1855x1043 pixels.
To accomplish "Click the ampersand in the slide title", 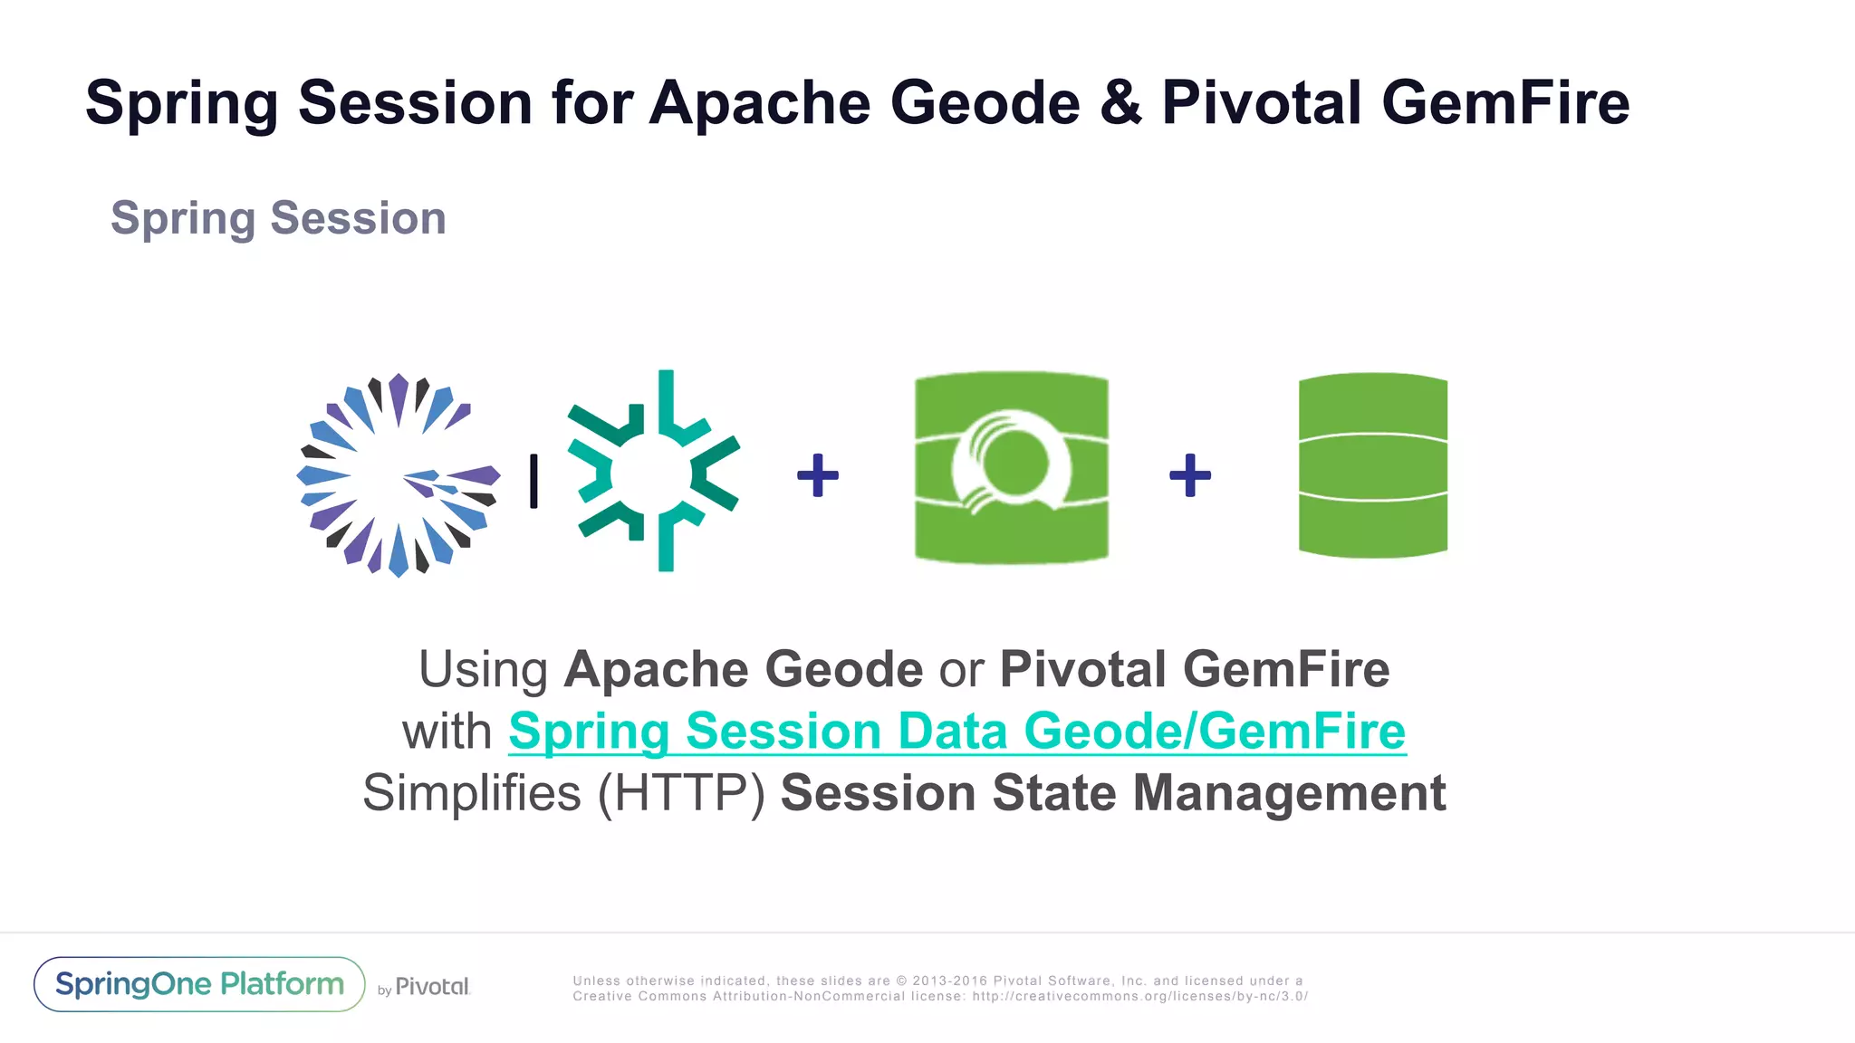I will point(1120,102).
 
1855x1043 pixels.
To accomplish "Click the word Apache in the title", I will point(759,102).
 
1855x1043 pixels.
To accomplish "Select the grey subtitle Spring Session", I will point(278,218).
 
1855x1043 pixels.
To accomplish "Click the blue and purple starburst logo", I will point(399,475).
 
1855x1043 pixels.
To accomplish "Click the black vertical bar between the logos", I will point(534,481).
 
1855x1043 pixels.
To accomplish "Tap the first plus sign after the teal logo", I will point(818,475).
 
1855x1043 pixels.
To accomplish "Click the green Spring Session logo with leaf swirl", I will point(1012,467).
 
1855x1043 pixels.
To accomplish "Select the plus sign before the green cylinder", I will point(1190,475).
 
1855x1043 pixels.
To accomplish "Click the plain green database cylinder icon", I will point(1373,465).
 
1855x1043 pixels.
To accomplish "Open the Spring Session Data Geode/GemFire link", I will point(956,732).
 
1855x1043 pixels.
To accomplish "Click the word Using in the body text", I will point(483,670).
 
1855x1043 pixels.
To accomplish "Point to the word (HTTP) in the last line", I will point(681,793).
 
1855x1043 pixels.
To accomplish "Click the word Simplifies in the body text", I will point(471,793).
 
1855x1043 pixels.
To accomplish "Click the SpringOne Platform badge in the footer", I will point(199,984).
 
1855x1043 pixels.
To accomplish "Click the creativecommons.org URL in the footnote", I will point(1139,997).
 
